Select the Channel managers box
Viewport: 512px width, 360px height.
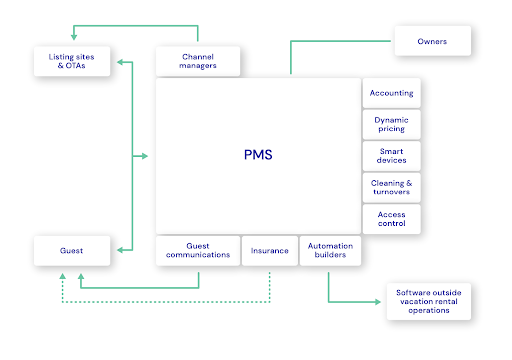click(x=199, y=61)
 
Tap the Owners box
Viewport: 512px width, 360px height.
click(x=433, y=42)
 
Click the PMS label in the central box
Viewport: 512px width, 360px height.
click(x=257, y=155)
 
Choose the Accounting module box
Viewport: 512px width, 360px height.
click(x=391, y=93)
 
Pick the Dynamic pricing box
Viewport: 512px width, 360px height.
click(x=391, y=124)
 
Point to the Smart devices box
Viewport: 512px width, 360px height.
click(x=391, y=156)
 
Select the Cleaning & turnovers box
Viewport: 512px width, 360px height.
click(x=391, y=187)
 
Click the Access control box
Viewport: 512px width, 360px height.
click(x=391, y=219)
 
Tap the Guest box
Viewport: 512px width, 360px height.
click(x=70, y=250)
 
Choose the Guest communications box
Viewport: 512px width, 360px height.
click(x=198, y=250)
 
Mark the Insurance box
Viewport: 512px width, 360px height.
click(x=270, y=250)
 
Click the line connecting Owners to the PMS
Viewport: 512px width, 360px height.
click(x=291, y=55)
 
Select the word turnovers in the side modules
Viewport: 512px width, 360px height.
click(x=391, y=192)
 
